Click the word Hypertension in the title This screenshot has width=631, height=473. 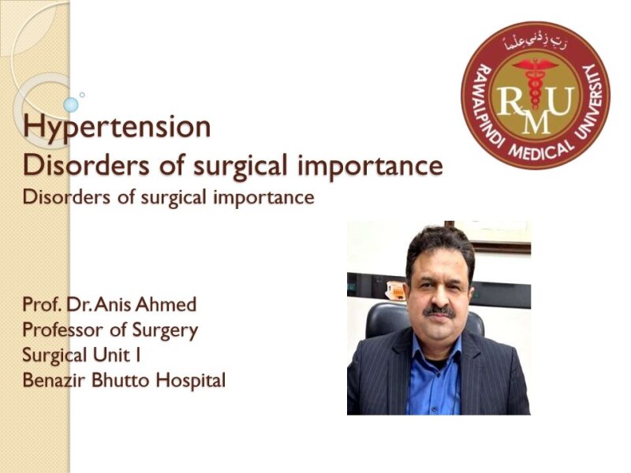(118, 127)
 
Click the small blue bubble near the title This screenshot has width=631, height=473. (71, 104)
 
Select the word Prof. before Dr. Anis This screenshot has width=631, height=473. (41, 306)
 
